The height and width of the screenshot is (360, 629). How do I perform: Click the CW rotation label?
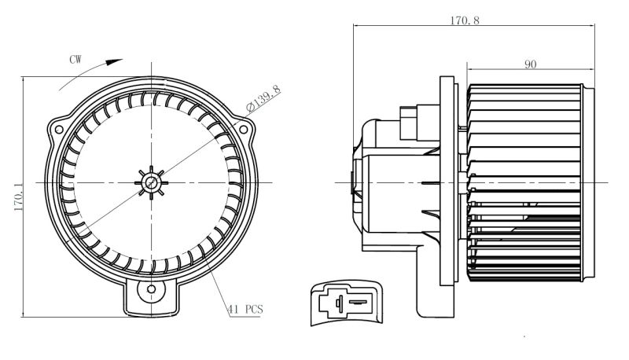pyautogui.click(x=75, y=60)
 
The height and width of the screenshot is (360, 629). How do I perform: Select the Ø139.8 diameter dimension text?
pyautogui.click(x=263, y=97)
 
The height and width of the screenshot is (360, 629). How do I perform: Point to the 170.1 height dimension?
pyautogui.click(x=18, y=196)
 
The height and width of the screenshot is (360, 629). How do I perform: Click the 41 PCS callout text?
pyautogui.click(x=245, y=310)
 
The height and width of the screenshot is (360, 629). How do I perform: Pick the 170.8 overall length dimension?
pyautogui.click(x=465, y=20)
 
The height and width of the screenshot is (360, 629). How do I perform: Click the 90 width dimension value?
pyautogui.click(x=530, y=64)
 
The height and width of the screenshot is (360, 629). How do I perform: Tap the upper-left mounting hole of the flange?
pyautogui.click(x=59, y=130)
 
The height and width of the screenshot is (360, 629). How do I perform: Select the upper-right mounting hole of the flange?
pyautogui.click(x=243, y=130)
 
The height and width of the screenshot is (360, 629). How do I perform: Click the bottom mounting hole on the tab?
pyautogui.click(x=151, y=289)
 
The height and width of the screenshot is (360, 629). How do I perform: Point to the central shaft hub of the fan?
pyautogui.click(x=151, y=183)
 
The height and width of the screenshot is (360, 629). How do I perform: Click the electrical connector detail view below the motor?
pyautogui.click(x=347, y=303)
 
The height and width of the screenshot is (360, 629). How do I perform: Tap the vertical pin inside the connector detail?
pyautogui.click(x=340, y=303)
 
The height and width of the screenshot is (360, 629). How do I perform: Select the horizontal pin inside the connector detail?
pyautogui.click(x=358, y=302)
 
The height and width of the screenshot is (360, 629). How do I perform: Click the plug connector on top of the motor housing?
pyautogui.click(x=420, y=123)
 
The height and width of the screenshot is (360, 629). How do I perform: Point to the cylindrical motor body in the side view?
pyautogui.click(x=399, y=193)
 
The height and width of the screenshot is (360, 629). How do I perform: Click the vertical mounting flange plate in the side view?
pyautogui.click(x=447, y=181)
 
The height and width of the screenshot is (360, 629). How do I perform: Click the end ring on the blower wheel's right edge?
pyautogui.click(x=588, y=182)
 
